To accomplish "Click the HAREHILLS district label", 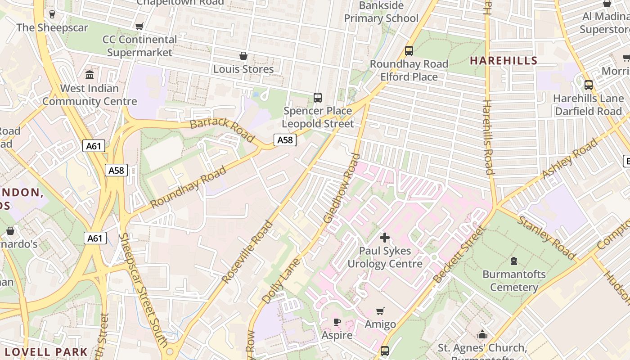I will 504,61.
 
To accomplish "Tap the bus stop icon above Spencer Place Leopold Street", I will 317,97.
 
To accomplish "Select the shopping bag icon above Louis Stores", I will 243,56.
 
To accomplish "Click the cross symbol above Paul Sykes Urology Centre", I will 385,237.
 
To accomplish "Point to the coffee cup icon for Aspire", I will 337,322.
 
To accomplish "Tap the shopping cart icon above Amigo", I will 380,311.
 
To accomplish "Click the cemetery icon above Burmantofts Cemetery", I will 513,261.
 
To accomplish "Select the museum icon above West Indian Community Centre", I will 90,75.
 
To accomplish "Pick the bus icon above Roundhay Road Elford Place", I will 409,51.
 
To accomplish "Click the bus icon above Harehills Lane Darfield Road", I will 588,85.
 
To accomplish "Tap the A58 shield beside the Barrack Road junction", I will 285,140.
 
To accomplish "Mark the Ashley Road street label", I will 571,159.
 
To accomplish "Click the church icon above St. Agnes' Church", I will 482,335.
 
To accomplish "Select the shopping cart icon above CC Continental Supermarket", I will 139,27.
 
